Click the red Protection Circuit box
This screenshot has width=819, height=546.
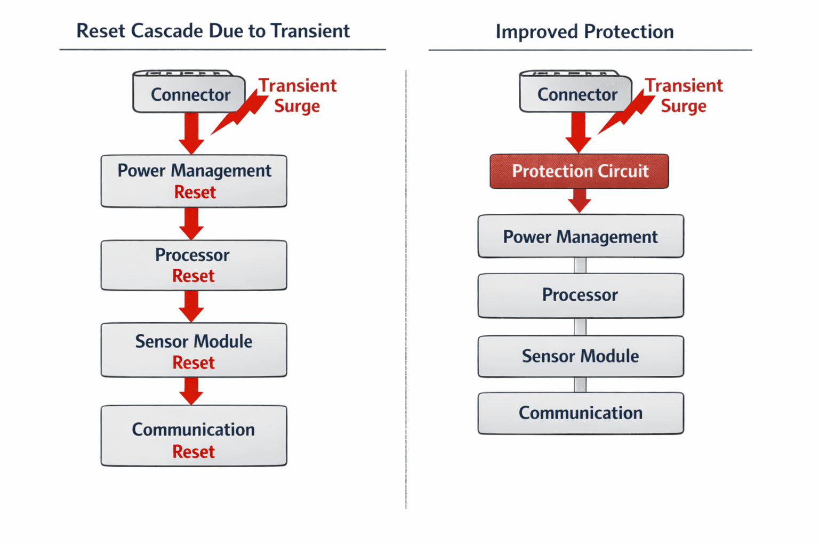point(579,171)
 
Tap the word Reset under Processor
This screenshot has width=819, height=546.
point(194,276)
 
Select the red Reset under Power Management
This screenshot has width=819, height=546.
point(195,192)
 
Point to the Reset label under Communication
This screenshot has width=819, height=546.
point(194,452)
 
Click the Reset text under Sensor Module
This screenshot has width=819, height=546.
point(194,363)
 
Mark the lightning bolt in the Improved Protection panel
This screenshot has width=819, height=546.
point(626,111)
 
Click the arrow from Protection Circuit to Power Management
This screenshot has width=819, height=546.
point(580,200)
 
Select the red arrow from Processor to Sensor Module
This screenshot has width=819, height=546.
point(191,307)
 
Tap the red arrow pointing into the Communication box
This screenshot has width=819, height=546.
point(191,391)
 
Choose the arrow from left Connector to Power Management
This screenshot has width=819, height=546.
point(191,133)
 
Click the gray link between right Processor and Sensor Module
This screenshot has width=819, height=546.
point(580,326)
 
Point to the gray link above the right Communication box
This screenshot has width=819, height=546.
point(580,385)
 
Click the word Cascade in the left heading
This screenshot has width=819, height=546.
point(167,31)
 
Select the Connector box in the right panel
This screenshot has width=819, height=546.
point(576,91)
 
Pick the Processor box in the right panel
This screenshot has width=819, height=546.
point(581,295)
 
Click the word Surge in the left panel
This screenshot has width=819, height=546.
point(297,107)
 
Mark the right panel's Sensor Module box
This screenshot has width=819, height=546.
point(581,356)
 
